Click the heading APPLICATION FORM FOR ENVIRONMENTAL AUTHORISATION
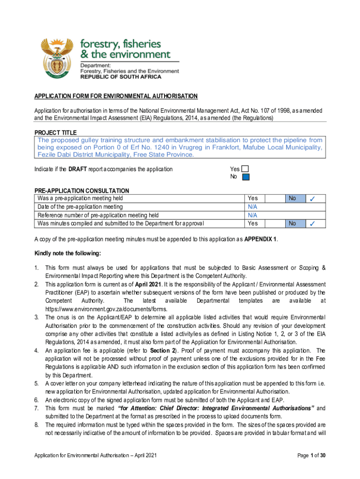tap(116, 96)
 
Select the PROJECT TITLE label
tap(55, 133)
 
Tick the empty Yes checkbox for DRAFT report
tap(245, 169)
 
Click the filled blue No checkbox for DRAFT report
tap(246, 177)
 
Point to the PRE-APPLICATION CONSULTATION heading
tap(82, 191)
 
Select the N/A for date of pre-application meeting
tap(252, 207)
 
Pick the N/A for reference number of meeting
tap(252, 215)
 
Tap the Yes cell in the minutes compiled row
tap(252, 224)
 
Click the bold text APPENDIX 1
tap(261, 239)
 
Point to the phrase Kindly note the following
tap(67, 254)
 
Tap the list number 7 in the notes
tap(36, 408)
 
